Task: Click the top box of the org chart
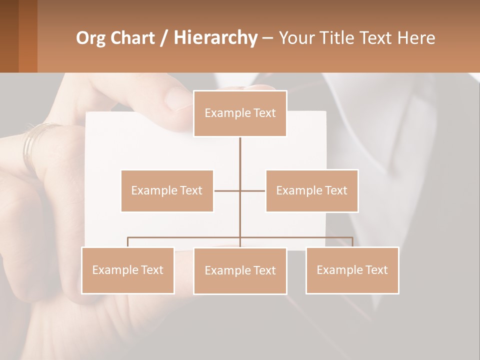click(x=240, y=113)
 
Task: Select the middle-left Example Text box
click(x=167, y=190)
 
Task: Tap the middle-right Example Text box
click(x=311, y=190)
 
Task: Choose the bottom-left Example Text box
click(x=128, y=270)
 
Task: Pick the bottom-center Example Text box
click(x=240, y=270)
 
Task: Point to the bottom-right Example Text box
click(x=352, y=270)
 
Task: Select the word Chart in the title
click(x=132, y=38)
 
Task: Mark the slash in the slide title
click(x=164, y=38)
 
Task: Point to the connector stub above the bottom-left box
click(x=128, y=242)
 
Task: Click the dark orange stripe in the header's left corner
click(x=27, y=36)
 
